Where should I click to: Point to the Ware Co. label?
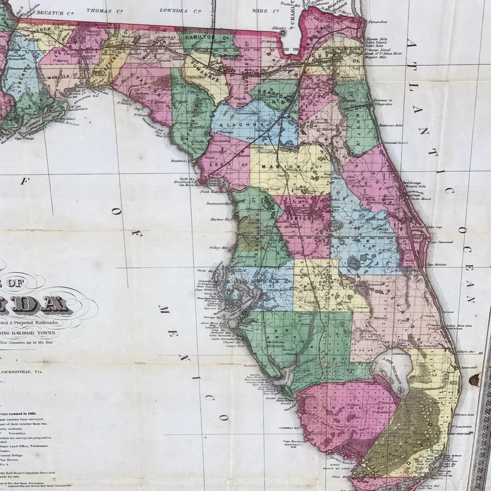point(268,10)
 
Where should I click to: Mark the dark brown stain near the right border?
point(474,380)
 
